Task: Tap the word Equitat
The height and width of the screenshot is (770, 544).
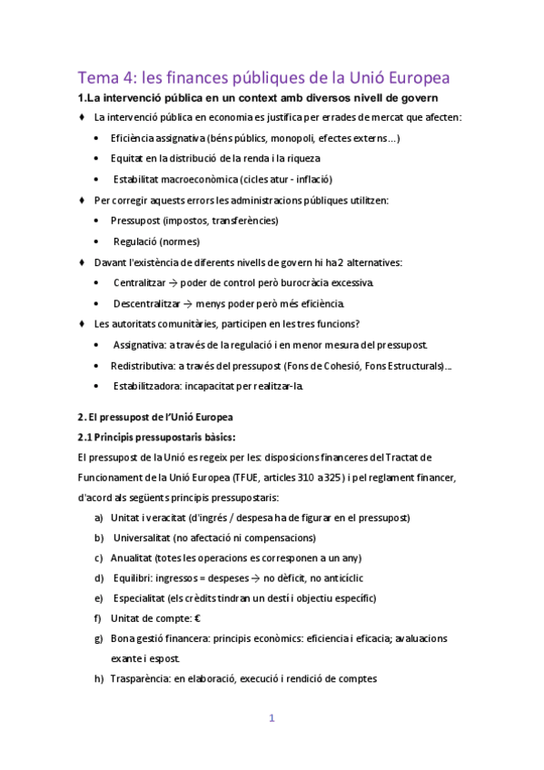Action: coord(127,158)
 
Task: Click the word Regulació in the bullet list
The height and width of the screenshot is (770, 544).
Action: coord(138,242)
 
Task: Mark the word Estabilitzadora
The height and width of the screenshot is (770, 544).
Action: coord(146,386)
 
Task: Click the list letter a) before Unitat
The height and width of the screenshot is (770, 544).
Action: coord(98,518)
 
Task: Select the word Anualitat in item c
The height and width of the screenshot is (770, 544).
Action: coord(132,558)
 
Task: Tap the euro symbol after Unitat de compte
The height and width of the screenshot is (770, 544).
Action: coord(196,618)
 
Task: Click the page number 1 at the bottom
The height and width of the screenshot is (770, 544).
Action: coord(271,718)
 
